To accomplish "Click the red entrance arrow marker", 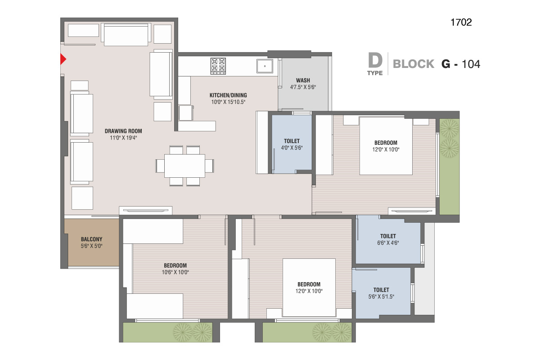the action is pos(63,59).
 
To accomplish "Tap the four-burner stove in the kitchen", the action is pos(218,66).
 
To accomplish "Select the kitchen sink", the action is pos(265,66).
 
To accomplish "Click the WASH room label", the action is pos(303,80).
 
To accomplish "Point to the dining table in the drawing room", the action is pos(184,166).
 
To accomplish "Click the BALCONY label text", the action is pos(92,239).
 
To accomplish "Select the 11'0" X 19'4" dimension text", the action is pos(123,138).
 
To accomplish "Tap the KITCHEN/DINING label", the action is pos(228,95).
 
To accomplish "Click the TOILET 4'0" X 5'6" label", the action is pos(292,144).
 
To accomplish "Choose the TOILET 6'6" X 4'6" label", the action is pos(388,239).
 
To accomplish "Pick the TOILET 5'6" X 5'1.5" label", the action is pos(381,293).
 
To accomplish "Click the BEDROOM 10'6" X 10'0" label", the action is pos(175,269).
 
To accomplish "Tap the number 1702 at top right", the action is pos(461,22).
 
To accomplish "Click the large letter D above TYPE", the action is pos(375,61).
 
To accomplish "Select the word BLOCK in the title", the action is pos(414,64).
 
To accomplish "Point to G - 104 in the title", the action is pos(461,64).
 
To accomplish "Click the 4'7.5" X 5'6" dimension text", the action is pos(303,87).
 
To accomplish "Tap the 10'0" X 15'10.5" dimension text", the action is pos(228,102).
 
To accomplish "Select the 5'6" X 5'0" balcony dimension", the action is pos(92,246).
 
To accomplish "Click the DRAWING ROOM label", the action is pos(123,131).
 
